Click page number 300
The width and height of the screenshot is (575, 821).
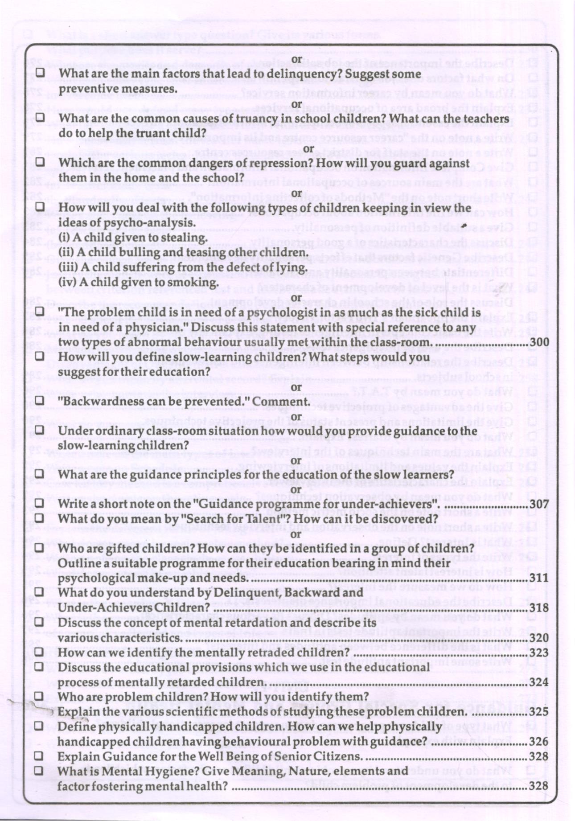tap(539, 343)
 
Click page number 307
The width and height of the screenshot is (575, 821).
tap(539, 505)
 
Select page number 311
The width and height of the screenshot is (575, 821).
tap(539, 579)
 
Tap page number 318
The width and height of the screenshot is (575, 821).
tap(539, 608)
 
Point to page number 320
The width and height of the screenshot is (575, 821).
tap(539, 638)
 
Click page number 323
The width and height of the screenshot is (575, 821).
tap(539, 653)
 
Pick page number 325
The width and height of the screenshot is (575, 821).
tap(539, 712)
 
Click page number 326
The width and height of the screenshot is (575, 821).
tap(538, 742)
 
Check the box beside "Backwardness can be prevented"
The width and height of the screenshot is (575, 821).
tap(40, 401)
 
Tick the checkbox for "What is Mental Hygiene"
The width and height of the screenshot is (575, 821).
tap(39, 771)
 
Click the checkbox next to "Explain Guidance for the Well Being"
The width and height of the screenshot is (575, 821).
tap(39, 756)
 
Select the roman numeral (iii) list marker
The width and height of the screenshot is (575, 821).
tap(66, 268)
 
